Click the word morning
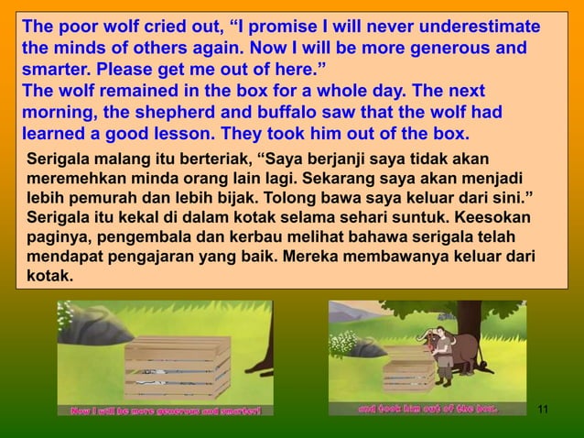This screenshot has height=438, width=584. [x=57, y=115]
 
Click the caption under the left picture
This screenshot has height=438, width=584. [x=166, y=410]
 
